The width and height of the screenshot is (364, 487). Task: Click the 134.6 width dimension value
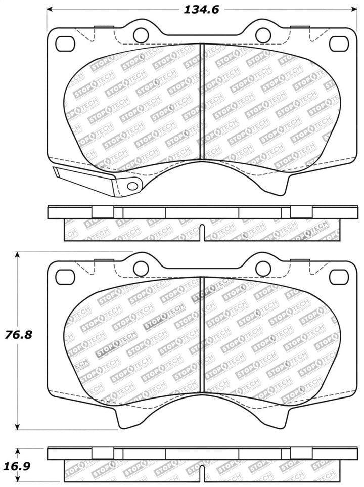pos(201,9)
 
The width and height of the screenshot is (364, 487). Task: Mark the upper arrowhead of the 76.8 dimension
pos(18,256)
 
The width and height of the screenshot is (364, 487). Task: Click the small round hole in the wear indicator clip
pos(132,186)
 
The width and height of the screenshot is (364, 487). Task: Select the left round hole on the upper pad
pos(141,35)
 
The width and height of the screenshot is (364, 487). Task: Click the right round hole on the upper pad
pos(263,35)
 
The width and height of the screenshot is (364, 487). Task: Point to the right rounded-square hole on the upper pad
pos(339,44)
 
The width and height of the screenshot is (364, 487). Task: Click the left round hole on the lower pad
pos(141,268)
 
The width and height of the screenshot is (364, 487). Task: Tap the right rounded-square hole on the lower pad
pos(339,277)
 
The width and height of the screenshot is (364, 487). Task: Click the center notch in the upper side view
pos(202,232)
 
